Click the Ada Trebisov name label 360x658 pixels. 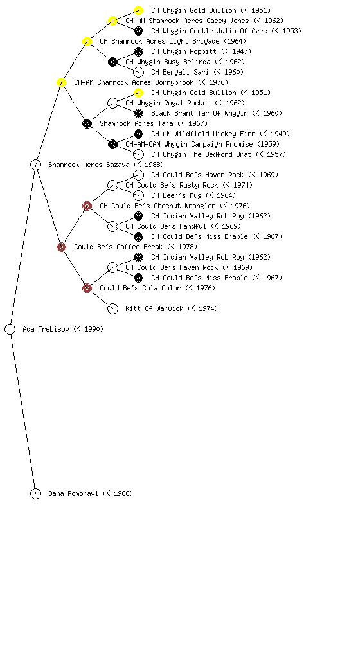coord(63,330)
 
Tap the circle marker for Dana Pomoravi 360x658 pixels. coord(35,494)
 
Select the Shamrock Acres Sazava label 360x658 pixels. coord(106,165)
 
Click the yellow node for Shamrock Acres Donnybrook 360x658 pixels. coord(61,83)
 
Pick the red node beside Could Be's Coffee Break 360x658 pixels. coord(61,247)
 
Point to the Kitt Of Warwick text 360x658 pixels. coord(172,309)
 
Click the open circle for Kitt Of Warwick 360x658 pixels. coord(113,309)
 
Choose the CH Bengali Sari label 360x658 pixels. coord(197,72)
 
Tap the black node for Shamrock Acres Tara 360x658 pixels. coord(87,124)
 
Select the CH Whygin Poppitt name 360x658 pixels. coord(201,51)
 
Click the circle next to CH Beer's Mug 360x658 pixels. coord(138,195)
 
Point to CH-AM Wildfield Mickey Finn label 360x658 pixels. coord(221,134)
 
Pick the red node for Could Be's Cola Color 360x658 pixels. coord(87,289)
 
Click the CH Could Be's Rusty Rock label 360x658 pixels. coord(189,186)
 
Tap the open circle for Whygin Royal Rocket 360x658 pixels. coord(113,103)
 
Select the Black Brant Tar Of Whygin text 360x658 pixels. coord(217,113)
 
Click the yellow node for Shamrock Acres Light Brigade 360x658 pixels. coord(87,42)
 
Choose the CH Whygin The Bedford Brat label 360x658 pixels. coord(219,154)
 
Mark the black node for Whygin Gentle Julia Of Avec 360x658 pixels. coord(138,31)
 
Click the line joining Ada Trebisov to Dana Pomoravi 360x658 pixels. coord(22,412)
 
